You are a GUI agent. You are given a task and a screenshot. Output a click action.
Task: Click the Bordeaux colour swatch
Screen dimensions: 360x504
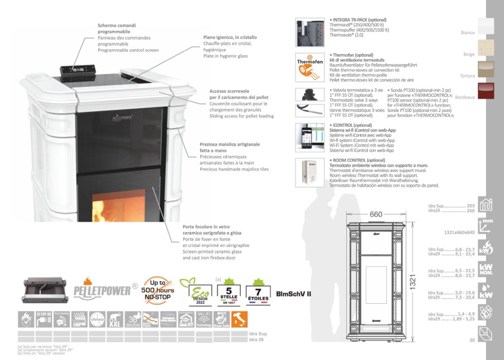(x=486, y=90)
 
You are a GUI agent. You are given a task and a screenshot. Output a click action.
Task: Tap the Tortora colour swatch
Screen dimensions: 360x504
(x=486, y=69)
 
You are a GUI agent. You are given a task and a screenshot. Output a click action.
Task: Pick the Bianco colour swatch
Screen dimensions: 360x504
(x=486, y=27)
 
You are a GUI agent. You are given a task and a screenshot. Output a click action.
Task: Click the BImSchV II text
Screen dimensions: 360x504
(x=293, y=294)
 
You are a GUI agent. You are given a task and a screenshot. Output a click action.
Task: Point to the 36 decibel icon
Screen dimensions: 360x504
(x=133, y=319)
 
